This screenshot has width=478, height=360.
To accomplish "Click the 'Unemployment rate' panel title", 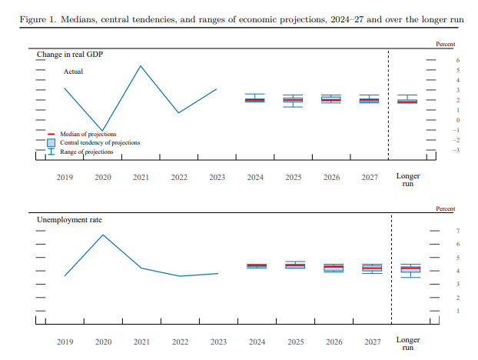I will (69, 219).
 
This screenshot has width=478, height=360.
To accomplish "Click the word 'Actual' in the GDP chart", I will (73, 72).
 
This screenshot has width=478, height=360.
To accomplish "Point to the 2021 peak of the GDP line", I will (141, 66).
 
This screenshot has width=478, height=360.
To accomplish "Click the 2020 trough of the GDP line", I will (103, 131).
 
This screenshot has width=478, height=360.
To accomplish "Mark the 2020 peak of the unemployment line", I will (103, 235).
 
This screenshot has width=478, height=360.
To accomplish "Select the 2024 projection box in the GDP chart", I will (255, 100).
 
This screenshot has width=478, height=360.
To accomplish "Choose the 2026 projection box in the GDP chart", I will (331, 99).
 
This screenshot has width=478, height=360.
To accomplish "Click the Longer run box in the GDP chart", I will (407, 101).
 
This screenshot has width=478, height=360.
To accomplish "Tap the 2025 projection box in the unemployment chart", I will (294, 265).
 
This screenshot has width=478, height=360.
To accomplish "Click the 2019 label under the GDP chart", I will (65, 178).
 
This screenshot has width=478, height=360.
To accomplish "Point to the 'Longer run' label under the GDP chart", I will (407, 180).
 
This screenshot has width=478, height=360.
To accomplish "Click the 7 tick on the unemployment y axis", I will (457, 232).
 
